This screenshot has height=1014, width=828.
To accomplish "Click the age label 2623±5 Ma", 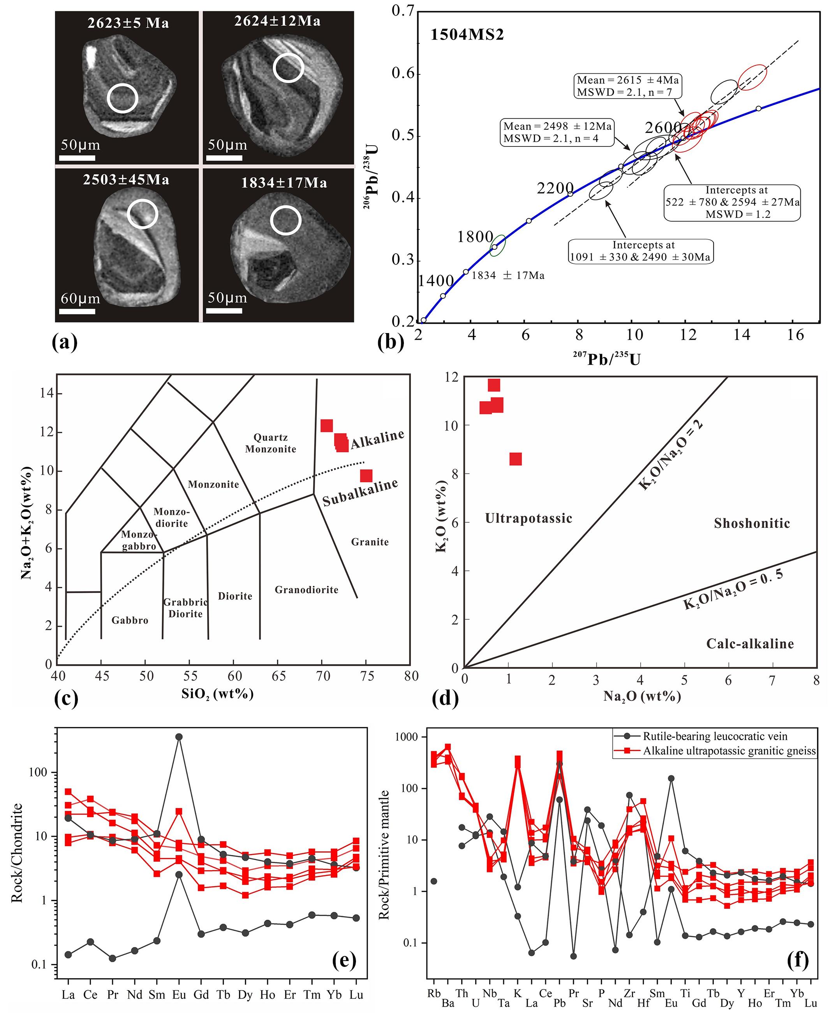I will (128, 23).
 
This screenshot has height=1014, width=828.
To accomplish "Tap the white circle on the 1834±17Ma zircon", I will (286, 220).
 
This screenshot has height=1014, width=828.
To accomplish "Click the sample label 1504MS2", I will (467, 35).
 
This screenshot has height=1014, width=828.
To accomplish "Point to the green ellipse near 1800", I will (497, 245).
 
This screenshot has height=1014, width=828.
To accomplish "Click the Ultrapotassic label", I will (529, 518).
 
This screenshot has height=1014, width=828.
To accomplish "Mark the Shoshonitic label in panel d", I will (752, 523).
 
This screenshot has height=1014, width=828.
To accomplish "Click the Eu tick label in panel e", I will (179, 995).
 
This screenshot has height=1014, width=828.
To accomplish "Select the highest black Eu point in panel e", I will (179, 737).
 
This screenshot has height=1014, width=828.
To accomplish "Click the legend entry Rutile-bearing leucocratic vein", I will (715, 736).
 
